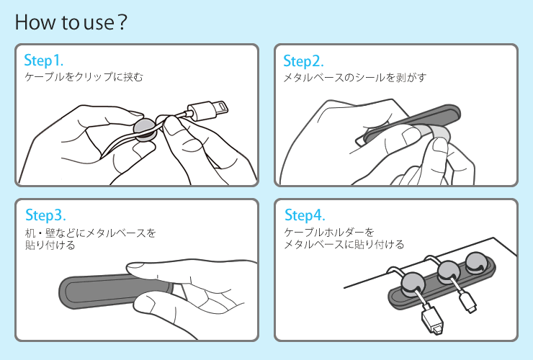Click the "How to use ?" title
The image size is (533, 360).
pos(71,22)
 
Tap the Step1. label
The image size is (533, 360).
pos(43,60)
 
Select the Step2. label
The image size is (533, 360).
pos(303,61)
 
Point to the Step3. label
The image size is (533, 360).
pos(45,215)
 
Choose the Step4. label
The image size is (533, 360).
pos(305,215)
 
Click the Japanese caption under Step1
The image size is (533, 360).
pos(84,77)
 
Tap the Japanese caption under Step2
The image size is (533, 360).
pos(354,78)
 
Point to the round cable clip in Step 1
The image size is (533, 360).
pos(145,130)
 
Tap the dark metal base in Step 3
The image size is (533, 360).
pos(112,291)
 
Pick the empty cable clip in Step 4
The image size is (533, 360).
pos(477,262)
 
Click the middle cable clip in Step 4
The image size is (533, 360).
pos(449,273)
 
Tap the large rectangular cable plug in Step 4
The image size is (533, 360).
pos(432,319)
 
